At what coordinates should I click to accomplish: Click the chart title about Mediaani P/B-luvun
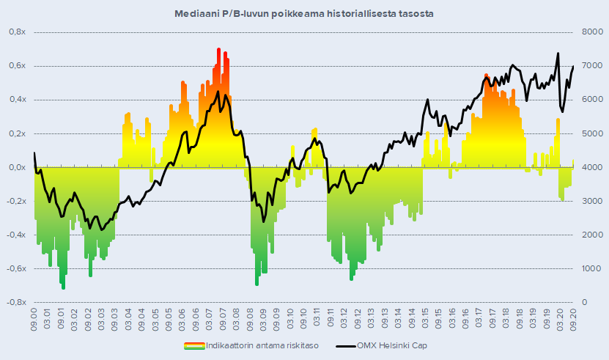point(304,13)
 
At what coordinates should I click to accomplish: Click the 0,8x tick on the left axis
point(16,32)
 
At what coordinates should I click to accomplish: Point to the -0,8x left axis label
point(15,302)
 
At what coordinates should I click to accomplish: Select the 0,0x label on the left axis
point(16,167)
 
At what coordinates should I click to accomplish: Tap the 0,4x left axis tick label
point(16,100)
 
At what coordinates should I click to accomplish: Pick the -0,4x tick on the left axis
point(15,235)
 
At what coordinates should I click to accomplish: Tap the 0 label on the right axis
point(583,302)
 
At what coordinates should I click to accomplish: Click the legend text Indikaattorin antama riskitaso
point(263,345)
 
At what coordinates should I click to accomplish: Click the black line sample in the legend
point(344,345)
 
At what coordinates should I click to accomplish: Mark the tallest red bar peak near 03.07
point(218,50)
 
